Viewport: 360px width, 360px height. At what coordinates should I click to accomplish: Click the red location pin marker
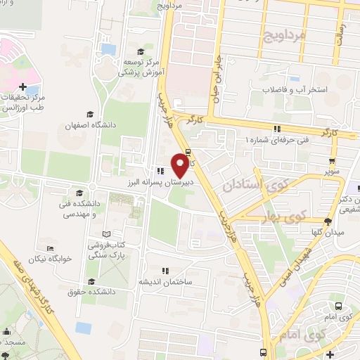click(x=180, y=165)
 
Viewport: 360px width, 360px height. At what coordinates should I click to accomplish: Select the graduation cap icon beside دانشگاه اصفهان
click(x=89, y=114)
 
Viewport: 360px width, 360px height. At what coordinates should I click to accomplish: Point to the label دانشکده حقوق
click(x=89, y=290)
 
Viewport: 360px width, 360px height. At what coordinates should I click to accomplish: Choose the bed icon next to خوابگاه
click(x=50, y=247)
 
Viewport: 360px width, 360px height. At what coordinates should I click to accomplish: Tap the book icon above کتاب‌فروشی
click(x=107, y=233)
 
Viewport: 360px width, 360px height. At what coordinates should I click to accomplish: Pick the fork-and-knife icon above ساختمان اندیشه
click(x=166, y=270)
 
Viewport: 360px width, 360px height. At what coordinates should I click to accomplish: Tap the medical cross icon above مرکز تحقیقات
click(x=25, y=86)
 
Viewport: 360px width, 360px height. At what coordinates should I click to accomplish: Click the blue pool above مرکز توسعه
click(x=108, y=49)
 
